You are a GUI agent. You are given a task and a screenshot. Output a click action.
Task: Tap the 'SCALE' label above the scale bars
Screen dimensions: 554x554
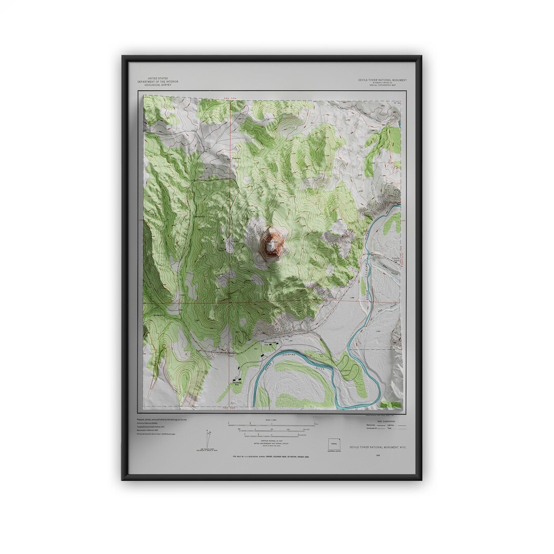coord(272,420)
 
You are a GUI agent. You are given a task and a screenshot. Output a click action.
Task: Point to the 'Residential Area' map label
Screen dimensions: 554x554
coord(236,381)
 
